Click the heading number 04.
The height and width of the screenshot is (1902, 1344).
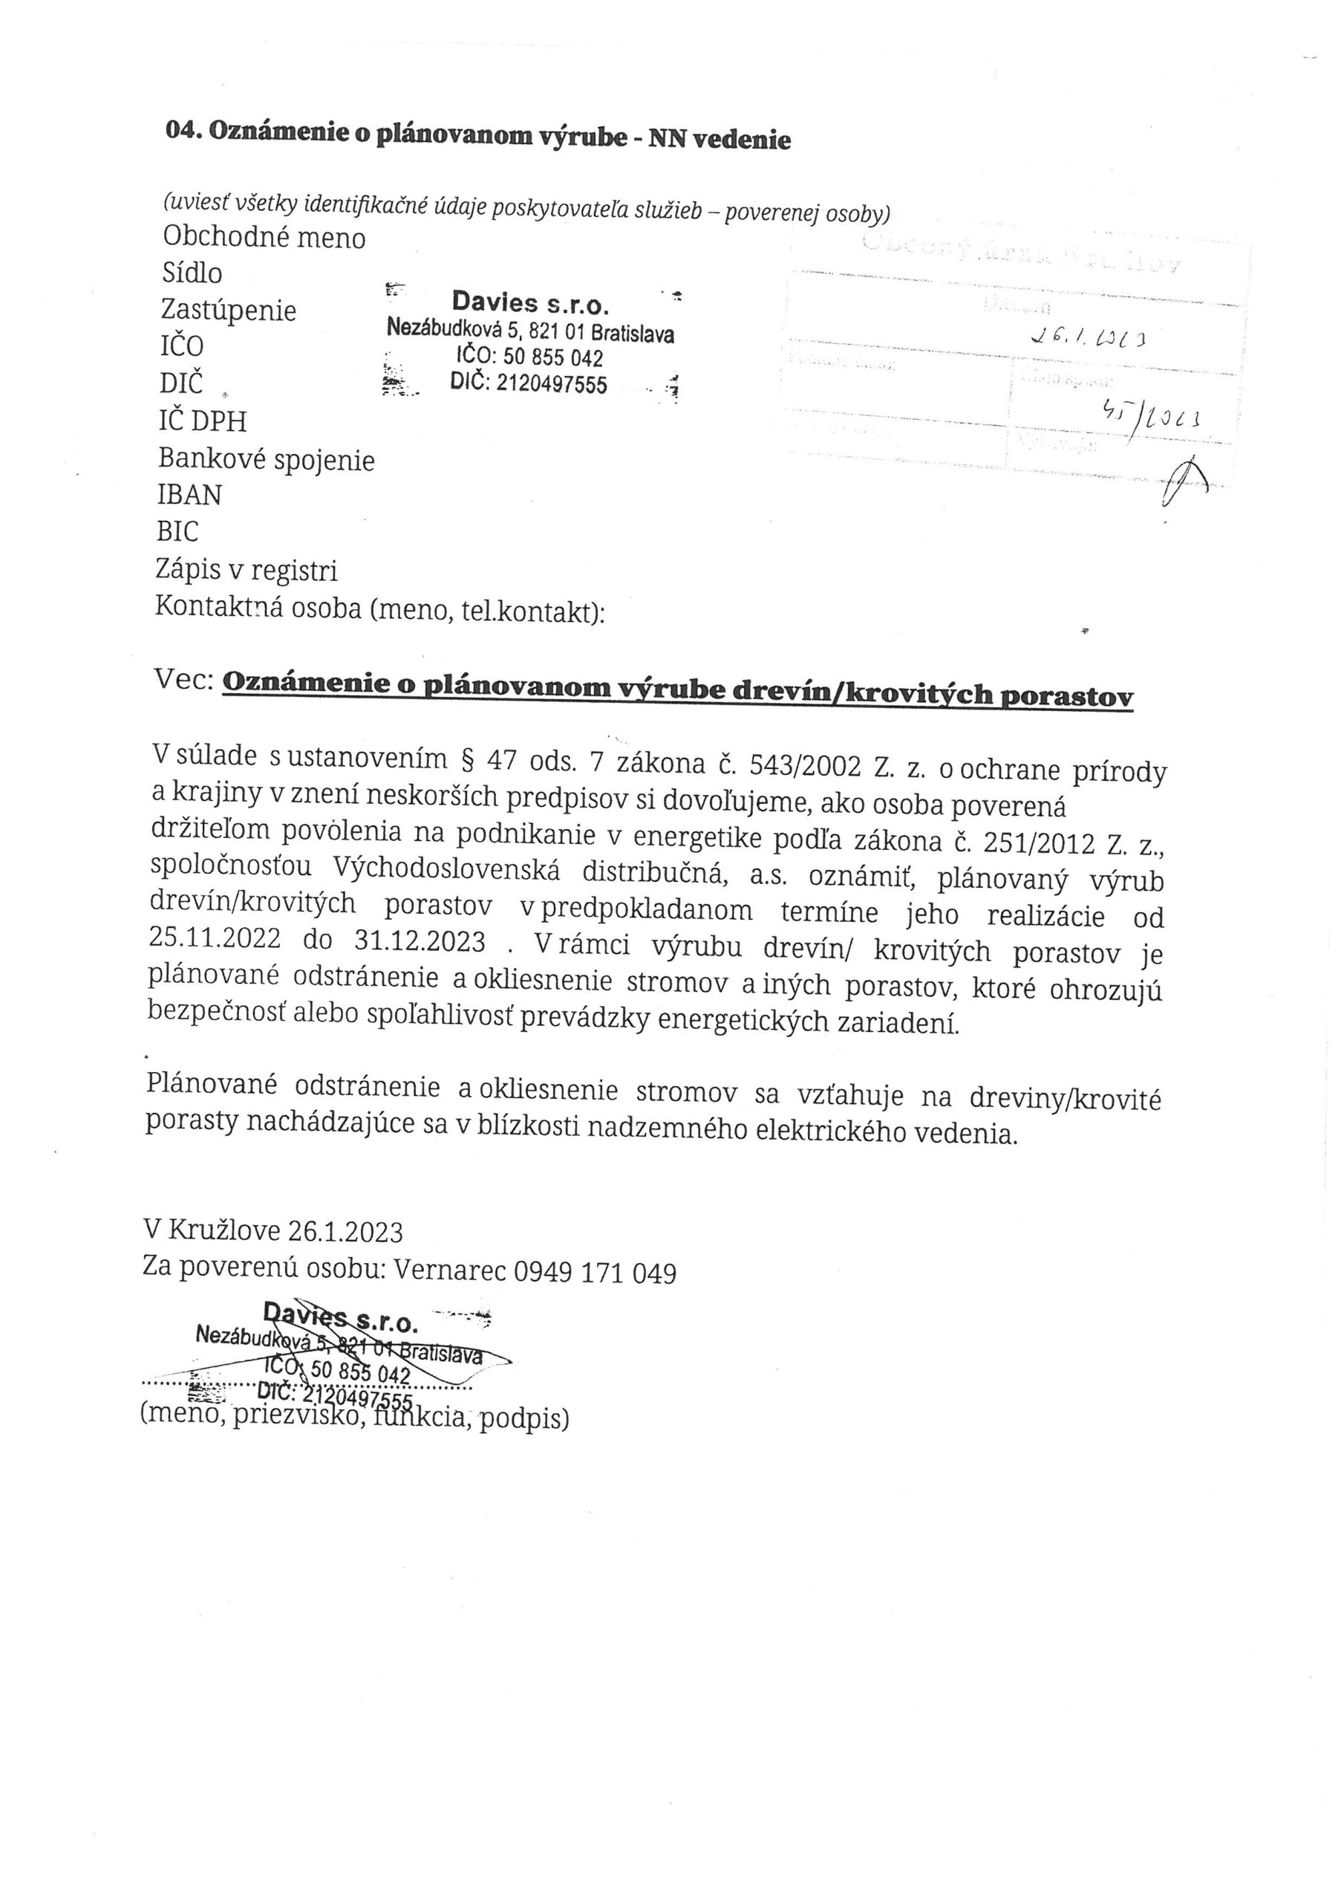coord(184,130)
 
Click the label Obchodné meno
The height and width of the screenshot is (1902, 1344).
coord(264,238)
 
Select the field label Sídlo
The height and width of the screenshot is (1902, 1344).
coord(192,273)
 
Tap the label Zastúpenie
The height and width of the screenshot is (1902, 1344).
coord(229,311)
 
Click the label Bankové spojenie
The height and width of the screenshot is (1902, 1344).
coord(266,459)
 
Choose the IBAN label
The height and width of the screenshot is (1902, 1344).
coord(189,495)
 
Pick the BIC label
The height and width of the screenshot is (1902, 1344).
coord(177,531)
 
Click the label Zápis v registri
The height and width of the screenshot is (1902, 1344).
coord(246,569)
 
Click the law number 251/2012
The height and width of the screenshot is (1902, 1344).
coord(1033,843)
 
